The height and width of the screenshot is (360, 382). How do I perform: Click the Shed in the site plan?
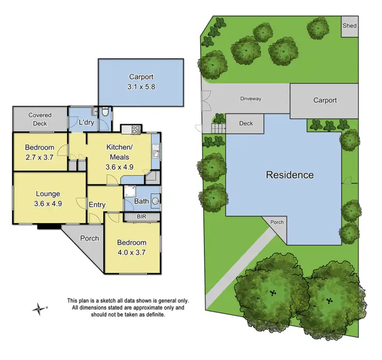[349, 25]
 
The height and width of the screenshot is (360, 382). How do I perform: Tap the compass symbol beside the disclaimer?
[38, 308]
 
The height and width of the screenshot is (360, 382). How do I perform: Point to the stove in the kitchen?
[137, 130]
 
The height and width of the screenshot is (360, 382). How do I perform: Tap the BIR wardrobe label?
[142, 216]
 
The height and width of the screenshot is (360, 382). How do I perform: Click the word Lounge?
[48, 193]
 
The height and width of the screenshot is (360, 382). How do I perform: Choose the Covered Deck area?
[40, 119]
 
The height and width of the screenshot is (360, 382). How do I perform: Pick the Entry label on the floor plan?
[97, 205]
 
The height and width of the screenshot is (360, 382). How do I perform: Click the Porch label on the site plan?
[277, 222]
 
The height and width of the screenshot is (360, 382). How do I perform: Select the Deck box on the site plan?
[245, 123]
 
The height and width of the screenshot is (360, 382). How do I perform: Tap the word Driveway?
[251, 98]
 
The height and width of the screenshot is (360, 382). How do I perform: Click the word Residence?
[290, 175]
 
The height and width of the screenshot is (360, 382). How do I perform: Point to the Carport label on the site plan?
[324, 100]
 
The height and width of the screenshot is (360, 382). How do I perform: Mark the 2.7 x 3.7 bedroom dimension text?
[40, 157]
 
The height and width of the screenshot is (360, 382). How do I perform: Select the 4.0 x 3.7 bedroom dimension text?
[131, 252]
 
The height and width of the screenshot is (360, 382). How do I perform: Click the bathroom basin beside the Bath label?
[155, 201]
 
